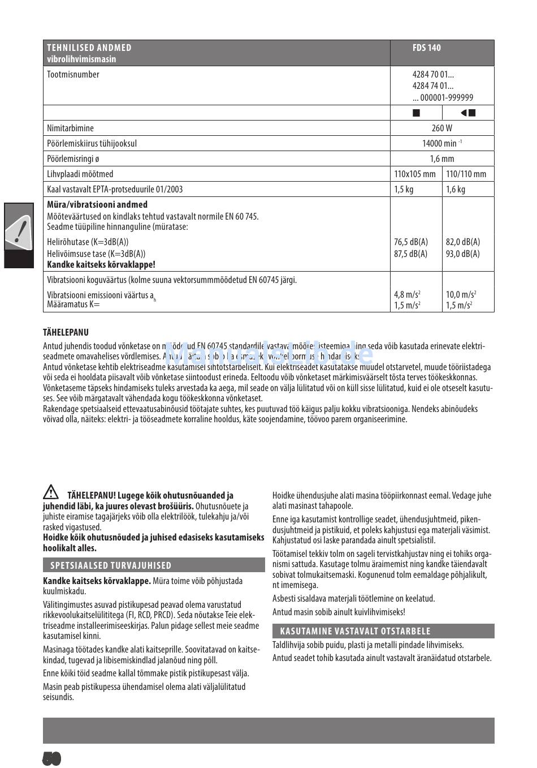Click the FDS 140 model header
point(426,48)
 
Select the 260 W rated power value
point(441,128)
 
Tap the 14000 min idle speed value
point(441,144)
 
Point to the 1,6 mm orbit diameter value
point(441,159)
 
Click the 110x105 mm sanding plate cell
point(415,174)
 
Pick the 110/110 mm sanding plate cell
point(466,174)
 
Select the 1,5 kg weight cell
point(404,190)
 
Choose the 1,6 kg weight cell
point(456,190)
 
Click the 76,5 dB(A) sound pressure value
point(411,242)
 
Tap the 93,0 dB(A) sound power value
point(463,254)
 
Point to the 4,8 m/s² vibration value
point(407,294)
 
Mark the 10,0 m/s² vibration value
point(461,294)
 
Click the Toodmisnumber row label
point(73,75)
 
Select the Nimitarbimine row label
point(70,128)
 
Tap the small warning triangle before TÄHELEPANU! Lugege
point(50,491)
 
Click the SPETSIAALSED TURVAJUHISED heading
point(111,565)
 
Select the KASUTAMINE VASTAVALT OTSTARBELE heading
point(355,631)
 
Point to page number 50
point(51,758)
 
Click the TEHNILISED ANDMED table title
point(89,48)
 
